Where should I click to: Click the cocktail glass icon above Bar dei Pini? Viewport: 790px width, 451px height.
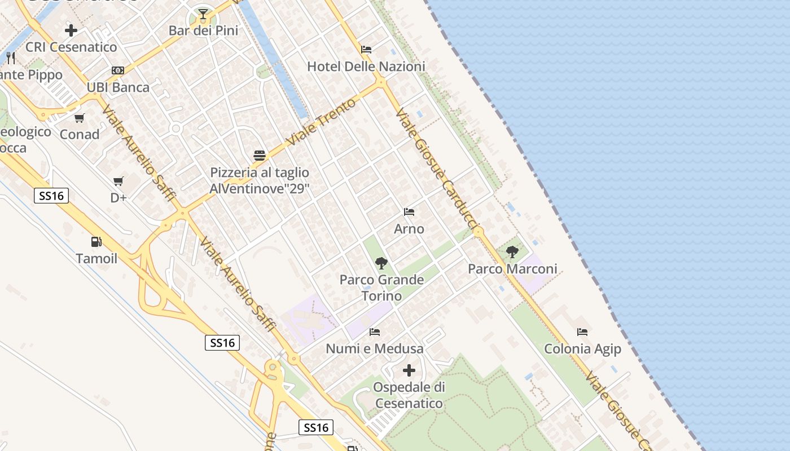203,14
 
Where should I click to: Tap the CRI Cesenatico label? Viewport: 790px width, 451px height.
71,47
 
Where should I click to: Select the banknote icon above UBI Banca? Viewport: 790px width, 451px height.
118,70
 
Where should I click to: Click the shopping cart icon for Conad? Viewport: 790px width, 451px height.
80,118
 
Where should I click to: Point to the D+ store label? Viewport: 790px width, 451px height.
118,198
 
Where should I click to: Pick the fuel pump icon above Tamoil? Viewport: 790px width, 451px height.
96,242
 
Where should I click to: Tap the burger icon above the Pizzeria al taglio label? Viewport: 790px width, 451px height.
260,155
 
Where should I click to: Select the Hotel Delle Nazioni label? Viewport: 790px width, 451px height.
366,67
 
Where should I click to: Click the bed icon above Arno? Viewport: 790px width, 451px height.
409,212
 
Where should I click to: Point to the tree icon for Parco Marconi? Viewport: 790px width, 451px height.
512,252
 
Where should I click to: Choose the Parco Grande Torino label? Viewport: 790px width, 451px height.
381,288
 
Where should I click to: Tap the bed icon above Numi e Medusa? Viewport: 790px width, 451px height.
375,331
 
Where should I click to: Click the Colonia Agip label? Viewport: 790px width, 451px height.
582,349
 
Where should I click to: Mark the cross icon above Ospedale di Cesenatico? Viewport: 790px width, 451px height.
409,370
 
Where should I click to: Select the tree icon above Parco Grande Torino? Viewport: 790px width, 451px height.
381,263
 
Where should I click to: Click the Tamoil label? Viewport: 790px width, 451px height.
96,258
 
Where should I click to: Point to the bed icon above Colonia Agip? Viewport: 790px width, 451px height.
582,332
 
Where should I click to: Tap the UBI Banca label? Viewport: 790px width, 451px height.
118,87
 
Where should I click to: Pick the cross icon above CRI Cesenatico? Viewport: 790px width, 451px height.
71,30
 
